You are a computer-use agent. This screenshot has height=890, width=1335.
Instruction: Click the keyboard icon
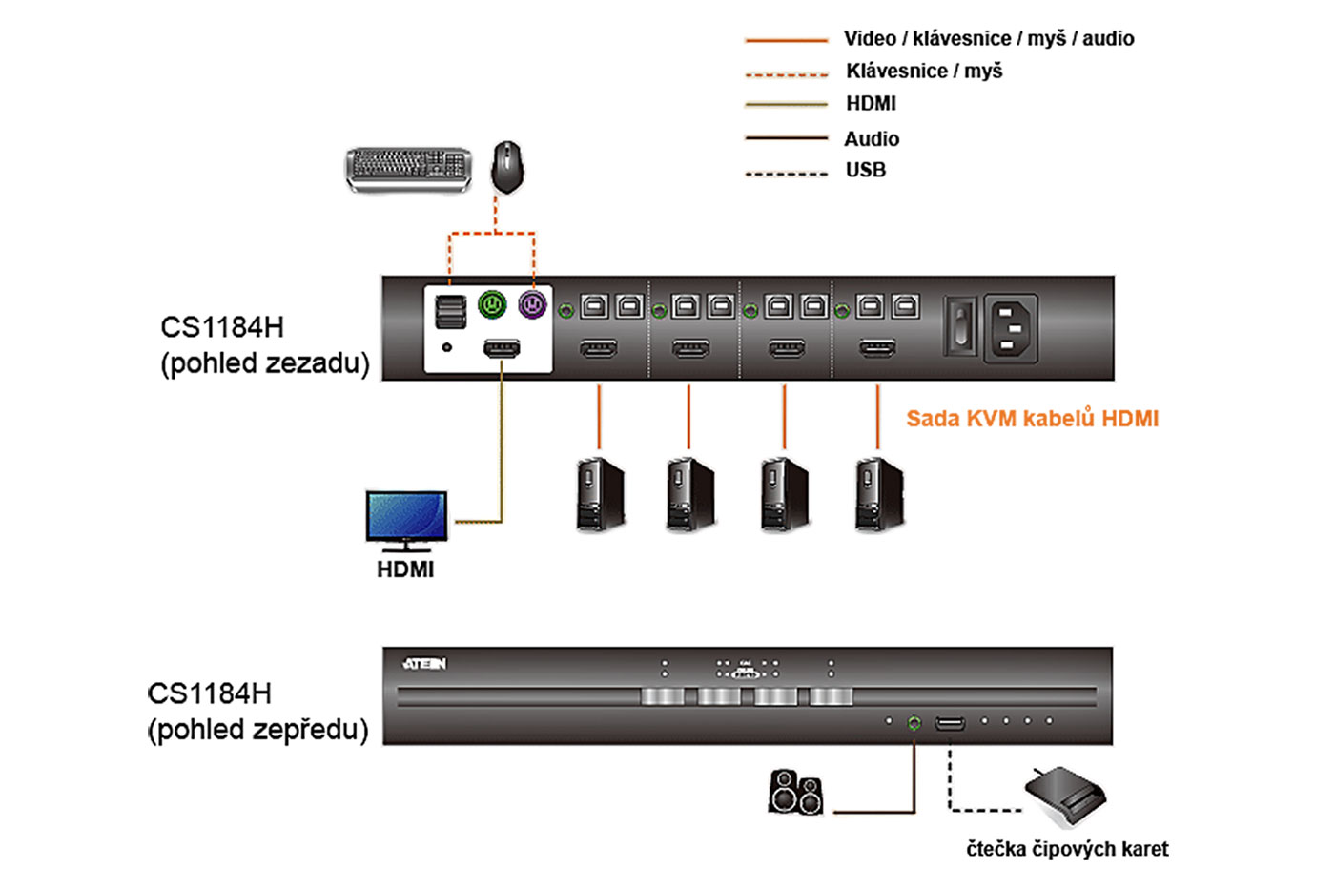tap(408, 170)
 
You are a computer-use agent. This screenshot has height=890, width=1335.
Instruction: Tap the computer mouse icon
tap(507, 166)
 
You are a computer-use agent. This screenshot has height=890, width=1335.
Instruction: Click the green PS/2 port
tap(492, 305)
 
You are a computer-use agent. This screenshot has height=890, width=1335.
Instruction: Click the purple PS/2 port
tap(532, 305)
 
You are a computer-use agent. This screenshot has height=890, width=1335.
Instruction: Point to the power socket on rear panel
tap(1010, 327)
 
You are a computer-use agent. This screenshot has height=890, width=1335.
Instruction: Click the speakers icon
tap(795, 792)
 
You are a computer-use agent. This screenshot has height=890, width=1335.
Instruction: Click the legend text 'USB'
tap(866, 170)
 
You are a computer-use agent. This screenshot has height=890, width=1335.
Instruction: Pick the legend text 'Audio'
tap(872, 138)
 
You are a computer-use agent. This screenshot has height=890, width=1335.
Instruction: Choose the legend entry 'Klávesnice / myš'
tap(924, 71)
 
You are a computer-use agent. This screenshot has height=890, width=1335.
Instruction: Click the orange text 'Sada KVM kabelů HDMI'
tap(1032, 418)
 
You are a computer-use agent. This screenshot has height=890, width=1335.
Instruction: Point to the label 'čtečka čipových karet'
tap(1067, 849)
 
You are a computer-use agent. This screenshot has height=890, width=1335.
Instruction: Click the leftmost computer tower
tap(601, 494)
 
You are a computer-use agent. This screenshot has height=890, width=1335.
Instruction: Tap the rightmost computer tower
tap(879, 494)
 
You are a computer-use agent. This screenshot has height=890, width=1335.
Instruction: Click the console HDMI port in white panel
tap(502, 348)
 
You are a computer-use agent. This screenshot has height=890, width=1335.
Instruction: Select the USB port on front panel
tap(950, 723)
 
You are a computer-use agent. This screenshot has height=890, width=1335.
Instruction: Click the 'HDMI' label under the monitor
tap(405, 569)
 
